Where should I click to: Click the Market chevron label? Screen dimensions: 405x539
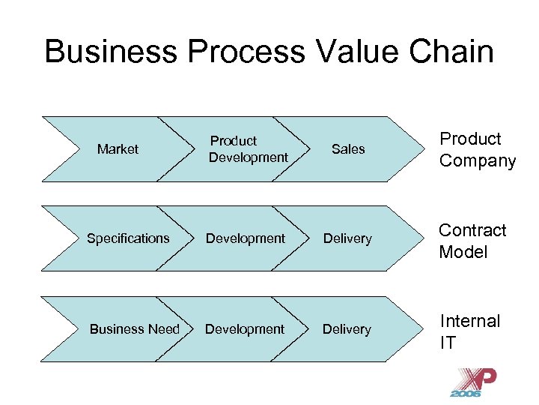coord(118,149)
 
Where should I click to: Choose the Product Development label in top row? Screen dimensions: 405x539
coord(248,149)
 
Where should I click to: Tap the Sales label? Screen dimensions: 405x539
coord(348,149)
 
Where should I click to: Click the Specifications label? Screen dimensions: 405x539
coord(128,238)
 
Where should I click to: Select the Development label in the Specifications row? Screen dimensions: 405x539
coord(246,238)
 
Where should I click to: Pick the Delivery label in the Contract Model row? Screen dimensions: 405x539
coord(347,238)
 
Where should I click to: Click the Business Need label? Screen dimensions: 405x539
coord(135,329)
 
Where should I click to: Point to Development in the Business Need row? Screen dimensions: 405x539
coord(245,329)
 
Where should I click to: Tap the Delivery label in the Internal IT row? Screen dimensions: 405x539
coord(347,329)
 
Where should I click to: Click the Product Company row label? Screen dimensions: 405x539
coord(478,150)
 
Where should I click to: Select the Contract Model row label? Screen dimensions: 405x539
coord(472,241)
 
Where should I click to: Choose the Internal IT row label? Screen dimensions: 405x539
coord(469,331)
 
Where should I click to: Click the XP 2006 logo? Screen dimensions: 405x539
coord(472,382)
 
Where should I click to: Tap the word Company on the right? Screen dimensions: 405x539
coord(478,161)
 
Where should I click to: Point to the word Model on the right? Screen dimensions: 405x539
coord(463,252)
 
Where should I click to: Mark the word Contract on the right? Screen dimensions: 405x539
coord(472,230)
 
